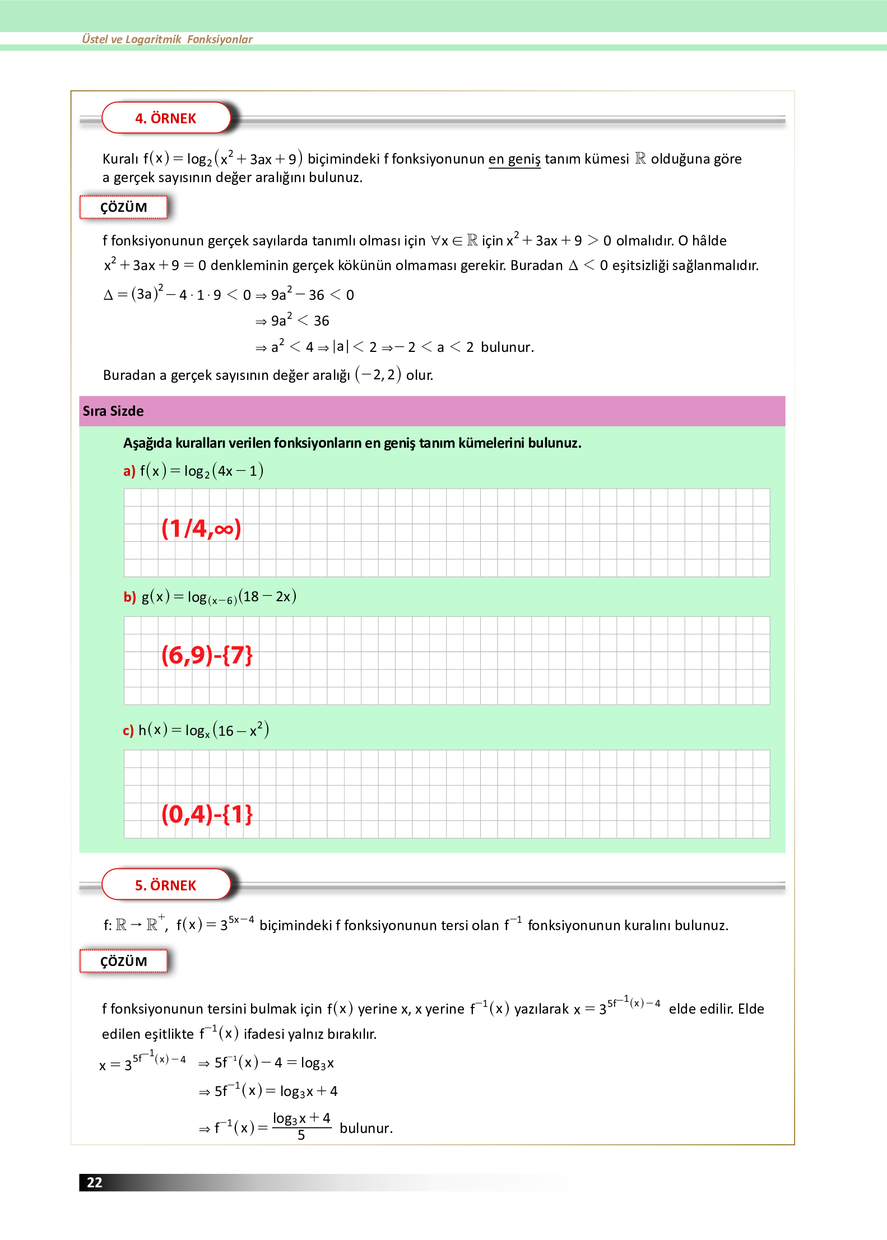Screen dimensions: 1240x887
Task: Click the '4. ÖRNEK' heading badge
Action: (166, 118)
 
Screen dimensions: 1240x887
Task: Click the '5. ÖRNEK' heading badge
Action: (166, 885)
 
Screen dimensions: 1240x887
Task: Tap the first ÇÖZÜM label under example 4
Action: (124, 207)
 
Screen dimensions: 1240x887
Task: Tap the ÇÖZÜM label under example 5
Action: (124, 962)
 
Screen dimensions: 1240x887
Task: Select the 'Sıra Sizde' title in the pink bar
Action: (113, 411)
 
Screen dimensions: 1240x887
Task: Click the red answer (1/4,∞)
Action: (201, 528)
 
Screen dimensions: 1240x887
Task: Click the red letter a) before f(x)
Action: (129, 471)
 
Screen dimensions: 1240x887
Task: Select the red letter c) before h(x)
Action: (128, 731)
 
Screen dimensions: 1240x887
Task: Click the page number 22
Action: (95, 1182)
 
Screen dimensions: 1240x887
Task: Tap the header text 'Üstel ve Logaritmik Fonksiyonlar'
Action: (167, 39)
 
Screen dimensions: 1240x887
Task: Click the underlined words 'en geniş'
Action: (514, 159)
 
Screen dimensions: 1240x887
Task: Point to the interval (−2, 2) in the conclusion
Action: (378, 374)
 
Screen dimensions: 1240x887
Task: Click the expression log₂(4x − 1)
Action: (224, 471)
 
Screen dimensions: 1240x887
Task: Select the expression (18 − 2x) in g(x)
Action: (267, 596)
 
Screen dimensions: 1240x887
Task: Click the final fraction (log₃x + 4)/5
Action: (301, 1126)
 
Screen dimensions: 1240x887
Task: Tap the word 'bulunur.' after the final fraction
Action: (366, 1128)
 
